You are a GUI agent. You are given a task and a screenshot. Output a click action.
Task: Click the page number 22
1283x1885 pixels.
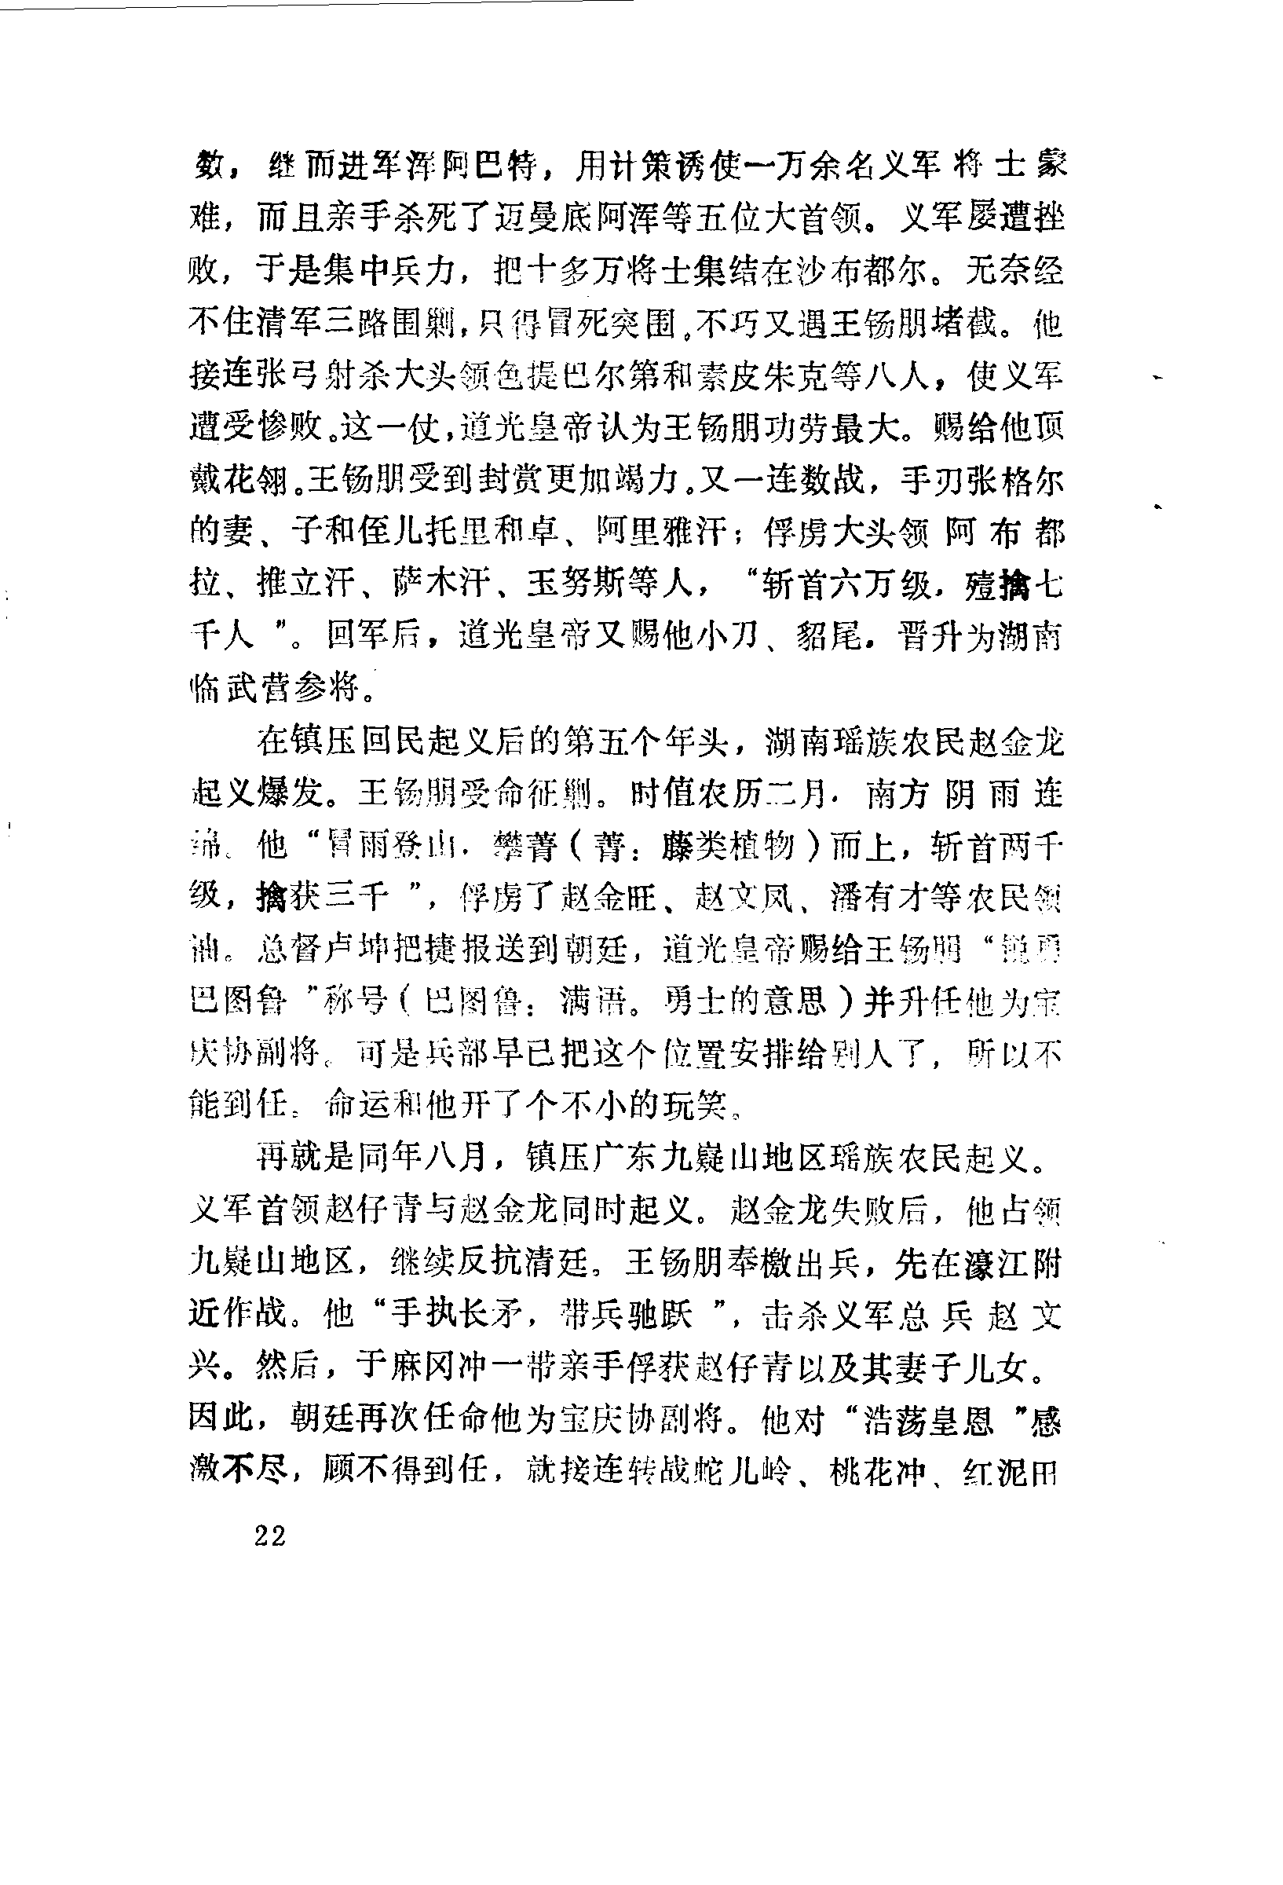tap(270, 1535)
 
